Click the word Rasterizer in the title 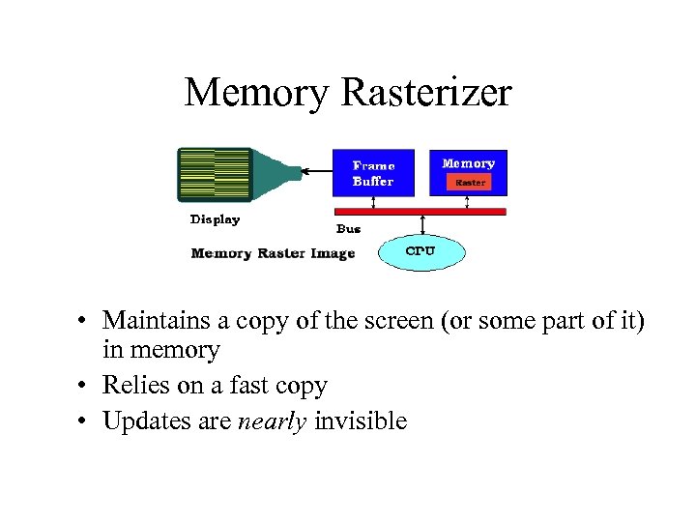426,93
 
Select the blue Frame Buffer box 373,172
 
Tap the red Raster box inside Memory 470,182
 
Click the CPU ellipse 420,251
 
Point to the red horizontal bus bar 420,210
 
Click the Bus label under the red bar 348,229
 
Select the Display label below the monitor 215,219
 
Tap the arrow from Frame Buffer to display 316,173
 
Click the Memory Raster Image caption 273,253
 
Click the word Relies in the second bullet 135,386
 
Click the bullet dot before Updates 86,421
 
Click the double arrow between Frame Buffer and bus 373,201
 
